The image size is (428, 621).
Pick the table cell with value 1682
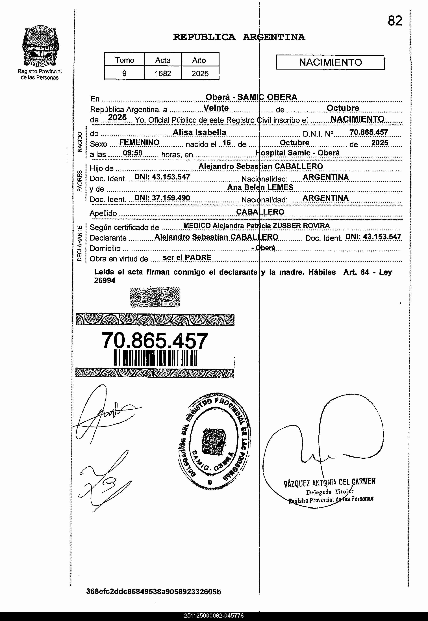pos(163,73)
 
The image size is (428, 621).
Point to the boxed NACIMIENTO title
pos(330,62)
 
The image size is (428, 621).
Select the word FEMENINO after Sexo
pos(139,142)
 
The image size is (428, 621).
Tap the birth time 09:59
pos(132,153)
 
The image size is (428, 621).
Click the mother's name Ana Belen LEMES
pos(260,187)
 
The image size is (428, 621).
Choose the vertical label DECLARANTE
pos(80,243)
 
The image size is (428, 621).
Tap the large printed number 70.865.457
pos(155,341)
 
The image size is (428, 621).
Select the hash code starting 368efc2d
pos(154,592)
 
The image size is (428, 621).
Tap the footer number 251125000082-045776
pos(214,616)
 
